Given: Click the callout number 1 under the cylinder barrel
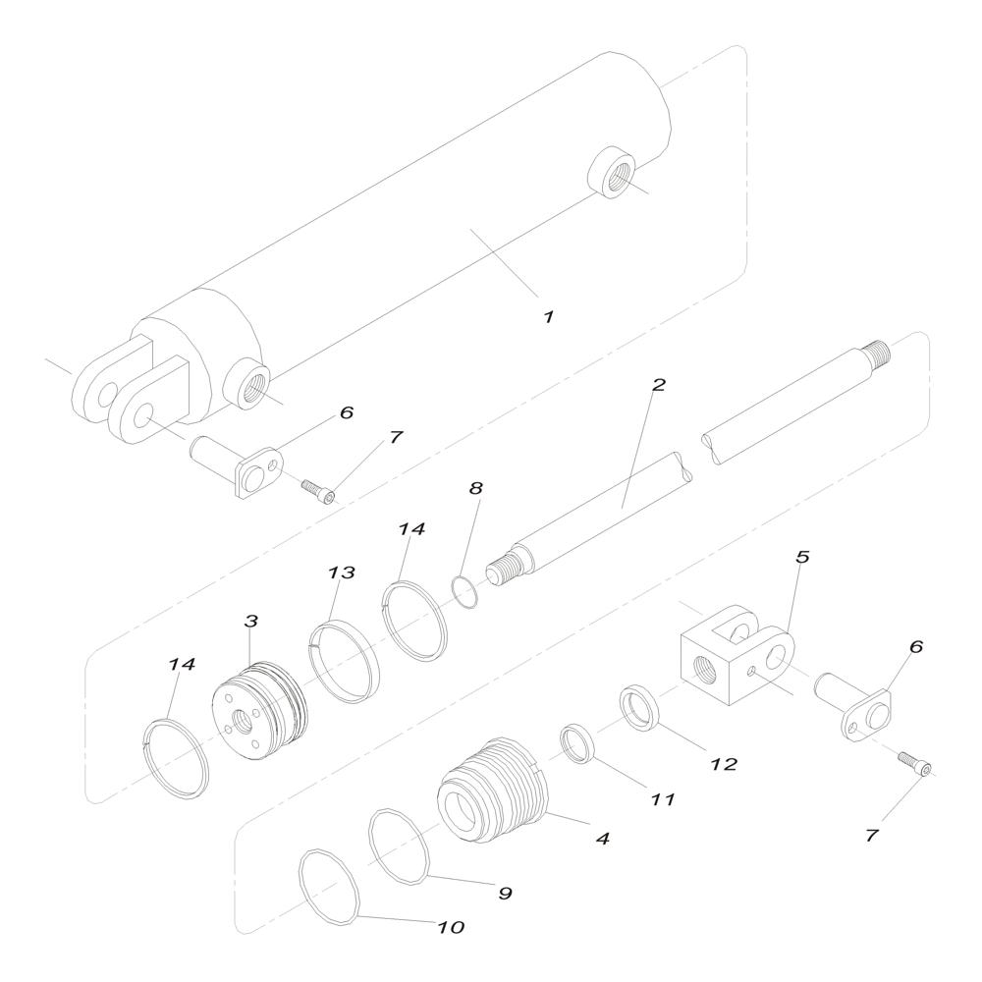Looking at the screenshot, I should pyautogui.click(x=549, y=317).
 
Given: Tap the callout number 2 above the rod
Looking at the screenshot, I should pyautogui.click(x=658, y=385).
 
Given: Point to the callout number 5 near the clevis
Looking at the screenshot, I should pyautogui.click(x=801, y=557).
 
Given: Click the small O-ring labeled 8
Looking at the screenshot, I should pyautogui.click(x=464, y=592).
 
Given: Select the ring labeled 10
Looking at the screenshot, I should pyautogui.click(x=330, y=886).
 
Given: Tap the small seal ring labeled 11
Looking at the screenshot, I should pyautogui.click(x=578, y=743).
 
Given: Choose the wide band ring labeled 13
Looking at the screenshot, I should pyautogui.click(x=346, y=661).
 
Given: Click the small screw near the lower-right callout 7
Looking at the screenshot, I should pyautogui.click(x=915, y=763).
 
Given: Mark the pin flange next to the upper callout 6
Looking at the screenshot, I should pyautogui.click(x=259, y=475).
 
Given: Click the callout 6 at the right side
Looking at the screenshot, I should pyautogui.click(x=915, y=647).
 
